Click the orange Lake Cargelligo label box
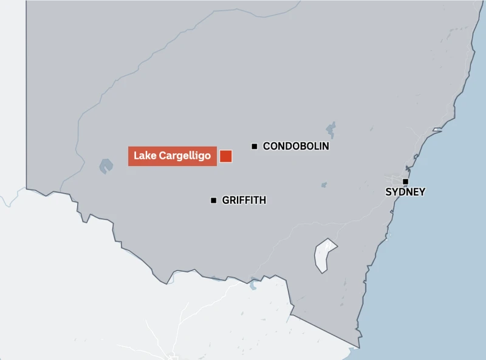[x=172, y=156]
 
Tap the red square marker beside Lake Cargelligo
[x=226, y=156]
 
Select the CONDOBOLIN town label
[x=296, y=146]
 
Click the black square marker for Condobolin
[x=255, y=146]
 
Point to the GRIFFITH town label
[x=244, y=200]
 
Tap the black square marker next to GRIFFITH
[x=213, y=200]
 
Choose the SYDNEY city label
[x=405, y=192]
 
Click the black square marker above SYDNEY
[x=405, y=181]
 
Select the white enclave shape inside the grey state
[x=325, y=255]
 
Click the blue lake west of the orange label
[x=106, y=165]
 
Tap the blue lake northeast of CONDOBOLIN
[x=330, y=129]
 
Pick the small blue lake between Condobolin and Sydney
[x=324, y=184]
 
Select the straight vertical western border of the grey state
[x=26, y=91]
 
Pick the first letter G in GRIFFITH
[x=226, y=200]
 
